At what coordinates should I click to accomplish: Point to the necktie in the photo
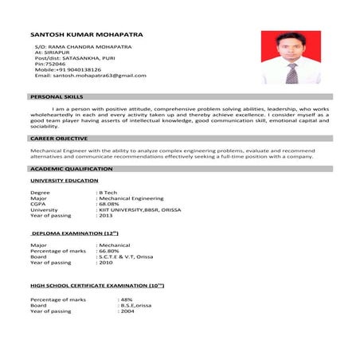pyautogui.click(x=292, y=73)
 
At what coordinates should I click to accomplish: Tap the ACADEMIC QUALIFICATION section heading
pyautogui.click(x=72, y=170)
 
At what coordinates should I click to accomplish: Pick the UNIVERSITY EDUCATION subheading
pyautogui.click(x=65, y=181)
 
